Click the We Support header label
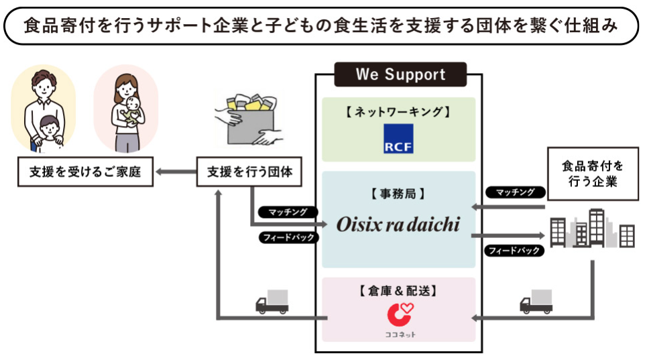(400, 74)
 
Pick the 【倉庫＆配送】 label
(399, 290)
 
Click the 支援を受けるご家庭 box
(84, 172)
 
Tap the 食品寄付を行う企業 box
(592, 174)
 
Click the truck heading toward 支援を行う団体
(272, 302)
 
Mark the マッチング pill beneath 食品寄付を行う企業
(516, 192)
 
